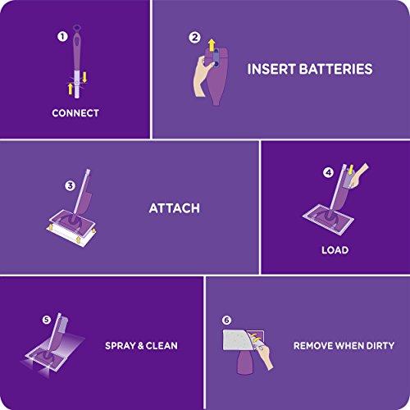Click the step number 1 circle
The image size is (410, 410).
click(x=61, y=37)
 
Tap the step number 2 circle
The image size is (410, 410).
click(x=194, y=37)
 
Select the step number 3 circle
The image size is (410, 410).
click(x=71, y=185)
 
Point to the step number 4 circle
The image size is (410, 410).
click(x=328, y=173)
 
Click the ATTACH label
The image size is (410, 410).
click(x=173, y=208)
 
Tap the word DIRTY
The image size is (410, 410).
click(x=376, y=345)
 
